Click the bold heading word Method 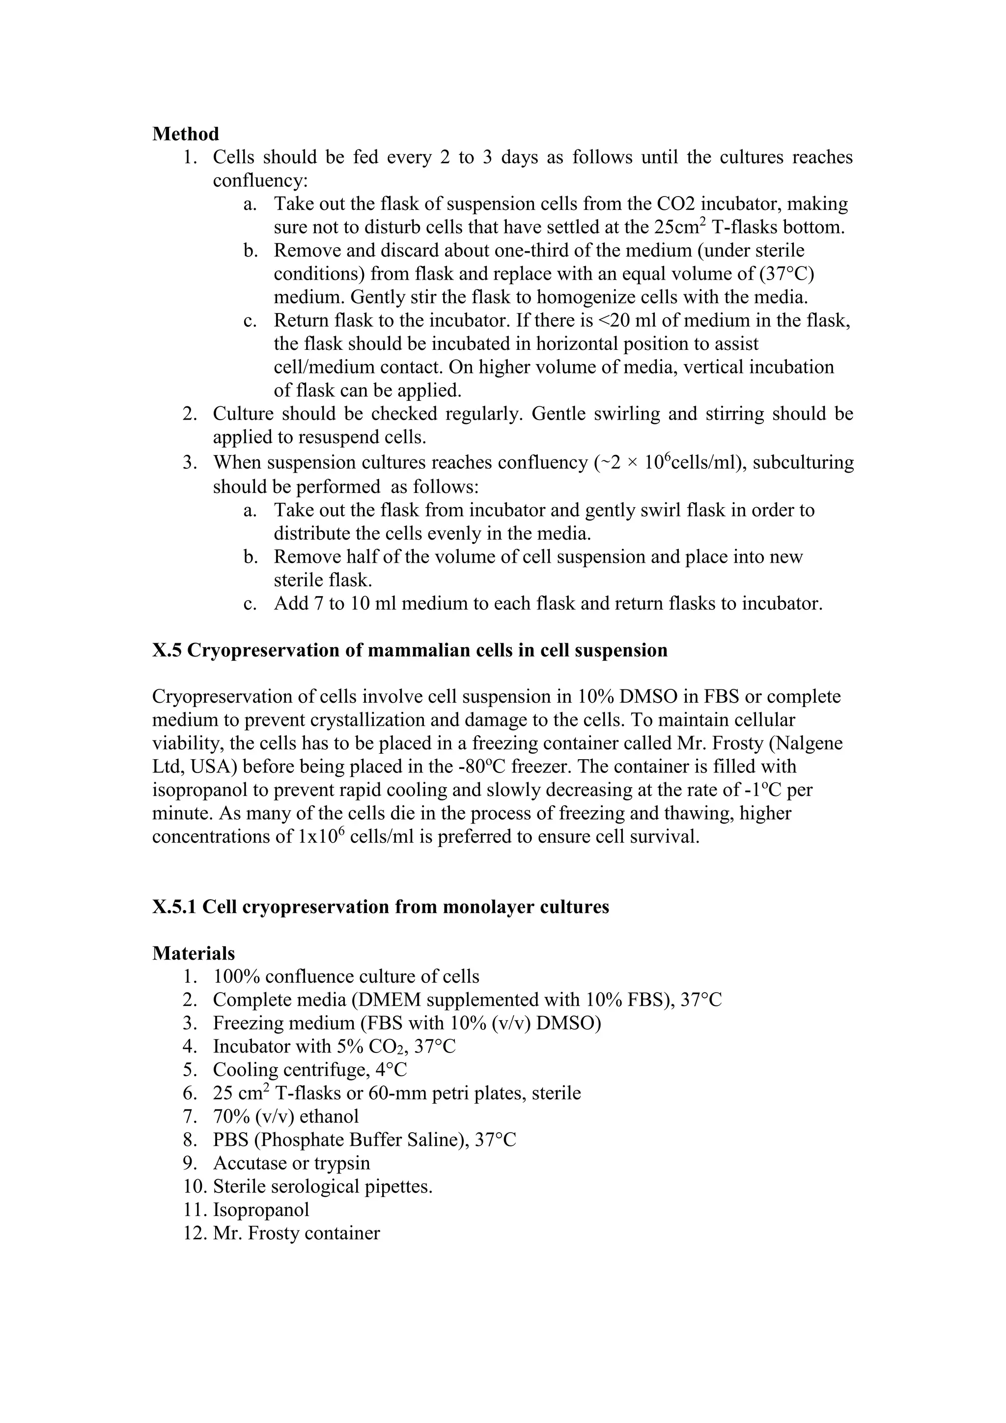[x=185, y=134]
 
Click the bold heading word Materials [x=193, y=953]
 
